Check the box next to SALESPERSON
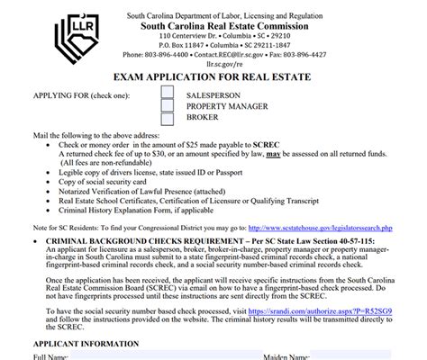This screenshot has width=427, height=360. point(168,93)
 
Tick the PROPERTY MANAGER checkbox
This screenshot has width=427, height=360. point(168,105)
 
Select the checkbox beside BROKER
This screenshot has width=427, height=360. point(168,117)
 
